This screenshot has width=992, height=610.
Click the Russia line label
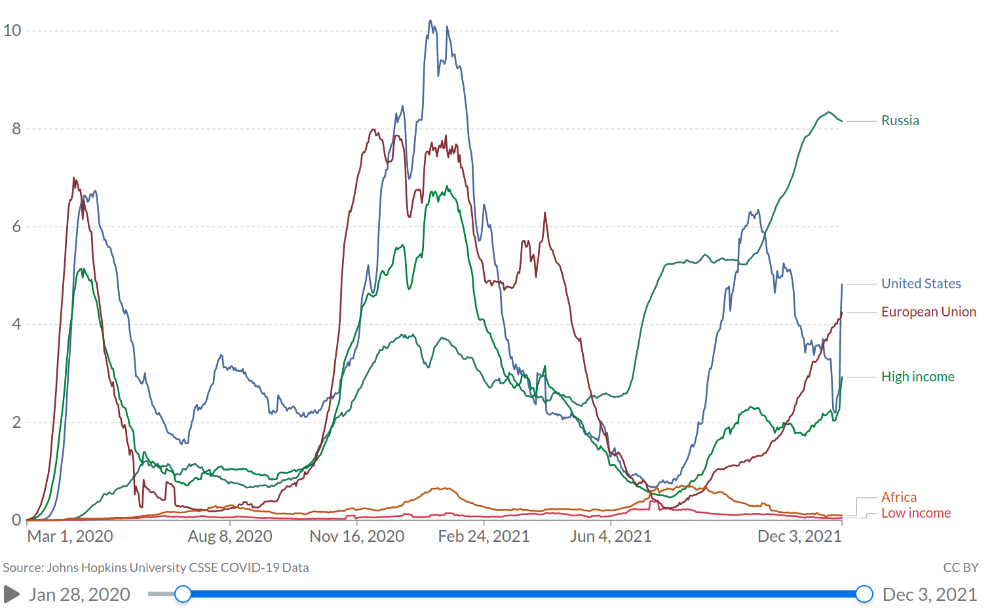900,121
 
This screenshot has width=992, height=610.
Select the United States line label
921,284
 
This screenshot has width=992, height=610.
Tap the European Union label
928,312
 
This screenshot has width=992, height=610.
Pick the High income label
917,377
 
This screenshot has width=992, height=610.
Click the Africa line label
898,497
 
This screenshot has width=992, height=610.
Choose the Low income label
915,513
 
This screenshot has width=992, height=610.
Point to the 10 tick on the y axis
12,31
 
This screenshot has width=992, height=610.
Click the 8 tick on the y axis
16,128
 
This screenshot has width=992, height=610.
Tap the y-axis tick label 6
16,227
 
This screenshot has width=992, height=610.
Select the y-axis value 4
16,324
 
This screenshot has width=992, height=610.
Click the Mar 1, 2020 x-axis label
70,537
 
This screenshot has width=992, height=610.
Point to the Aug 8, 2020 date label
230,537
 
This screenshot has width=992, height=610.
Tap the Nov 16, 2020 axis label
357,537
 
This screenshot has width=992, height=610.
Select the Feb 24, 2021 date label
484,537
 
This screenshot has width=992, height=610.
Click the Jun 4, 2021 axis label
611,537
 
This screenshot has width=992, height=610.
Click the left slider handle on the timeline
183,594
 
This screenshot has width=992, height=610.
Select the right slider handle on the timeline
864,594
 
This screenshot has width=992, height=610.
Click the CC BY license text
961,568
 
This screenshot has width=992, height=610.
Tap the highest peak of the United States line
430,21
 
